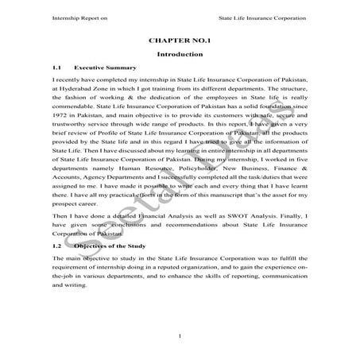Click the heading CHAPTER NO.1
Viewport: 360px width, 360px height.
click(180, 38)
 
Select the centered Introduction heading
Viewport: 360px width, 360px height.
click(180, 53)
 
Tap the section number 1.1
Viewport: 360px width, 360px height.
click(57, 68)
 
